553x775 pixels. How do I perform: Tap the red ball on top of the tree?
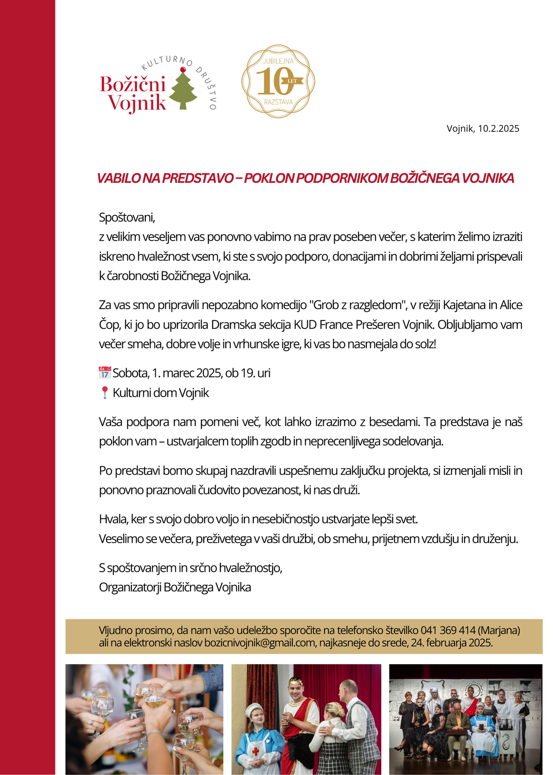pos(183,70)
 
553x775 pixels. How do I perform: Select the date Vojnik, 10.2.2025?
pos(483,129)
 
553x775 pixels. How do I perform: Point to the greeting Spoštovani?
pos(127,217)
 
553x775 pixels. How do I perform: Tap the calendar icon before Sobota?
pos(105,373)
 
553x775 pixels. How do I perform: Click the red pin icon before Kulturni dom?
pos(105,393)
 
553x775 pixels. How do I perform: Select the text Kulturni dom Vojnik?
pos(161,393)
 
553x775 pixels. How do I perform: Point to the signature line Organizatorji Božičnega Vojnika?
pos(175,587)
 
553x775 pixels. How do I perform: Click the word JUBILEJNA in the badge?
pos(278,61)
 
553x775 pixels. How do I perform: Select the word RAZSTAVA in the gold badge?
pos(278,102)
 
